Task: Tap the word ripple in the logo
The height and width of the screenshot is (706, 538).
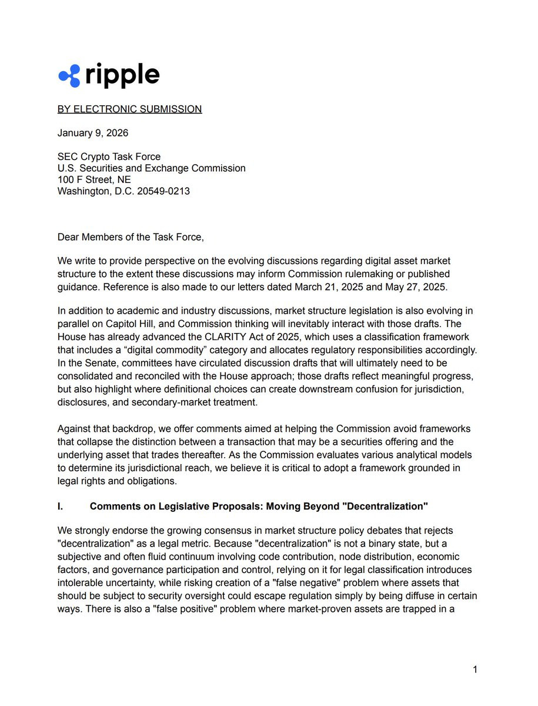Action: [x=122, y=75]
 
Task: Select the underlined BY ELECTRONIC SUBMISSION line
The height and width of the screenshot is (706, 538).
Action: [x=129, y=109]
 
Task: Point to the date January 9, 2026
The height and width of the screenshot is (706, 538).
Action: [x=93, y=133]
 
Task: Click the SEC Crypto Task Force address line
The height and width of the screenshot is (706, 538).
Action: [x=109, y=156]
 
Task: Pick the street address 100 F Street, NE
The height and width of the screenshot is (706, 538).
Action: [x=94, y=179]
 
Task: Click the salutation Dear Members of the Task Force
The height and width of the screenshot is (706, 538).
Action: [x=131, y=237]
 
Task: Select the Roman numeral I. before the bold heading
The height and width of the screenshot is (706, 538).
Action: [x=61, y=507]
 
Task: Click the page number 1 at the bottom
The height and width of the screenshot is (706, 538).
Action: [x=475, y=670]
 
